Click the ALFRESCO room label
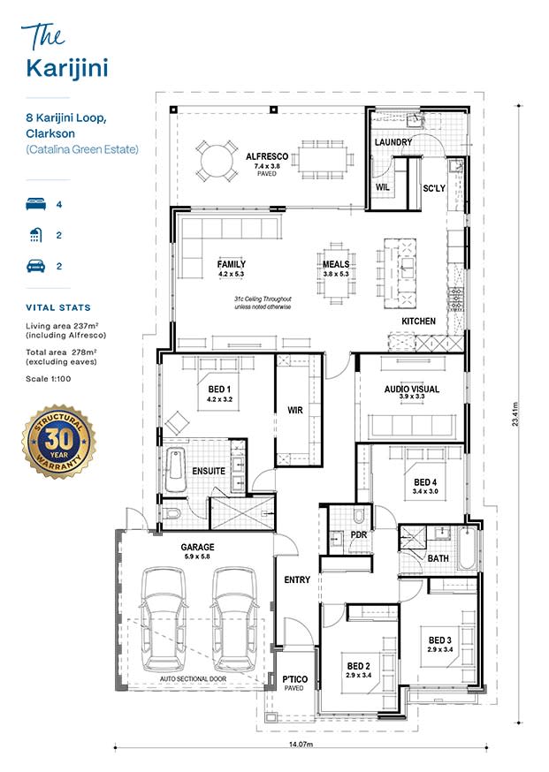(267, 156)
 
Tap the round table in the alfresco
(216, 161)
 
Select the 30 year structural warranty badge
(59, 441)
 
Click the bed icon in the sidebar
(36, 204)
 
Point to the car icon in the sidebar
(36, 266)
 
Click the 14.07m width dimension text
(301, 744)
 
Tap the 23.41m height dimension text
(515, 413)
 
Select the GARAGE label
(198, 547)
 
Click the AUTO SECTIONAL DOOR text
(194, 679)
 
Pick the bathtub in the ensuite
(175, 470)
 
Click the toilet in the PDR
(359, 515)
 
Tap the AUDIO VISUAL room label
(412, 389)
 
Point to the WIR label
(295, 410)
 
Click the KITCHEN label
(418, 321)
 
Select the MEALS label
(336, 264)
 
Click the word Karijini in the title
(67, 68)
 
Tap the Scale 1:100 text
(49, 379)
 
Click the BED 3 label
(440, 640)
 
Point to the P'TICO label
(294, 679)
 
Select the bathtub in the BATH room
(467, 548)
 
